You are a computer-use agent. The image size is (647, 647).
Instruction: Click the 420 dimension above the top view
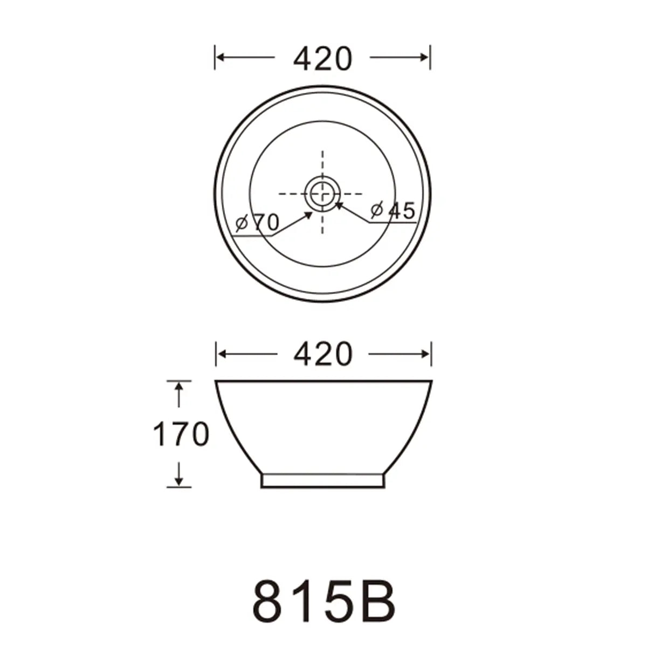point(322,59)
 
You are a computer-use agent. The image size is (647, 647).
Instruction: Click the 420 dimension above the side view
point(322,354)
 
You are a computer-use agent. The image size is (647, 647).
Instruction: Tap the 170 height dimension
point(181,434)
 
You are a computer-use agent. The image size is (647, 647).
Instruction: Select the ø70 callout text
point(257,222)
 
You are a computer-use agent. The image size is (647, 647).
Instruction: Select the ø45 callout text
point(393,210)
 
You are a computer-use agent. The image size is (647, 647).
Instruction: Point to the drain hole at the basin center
point(322,194)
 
